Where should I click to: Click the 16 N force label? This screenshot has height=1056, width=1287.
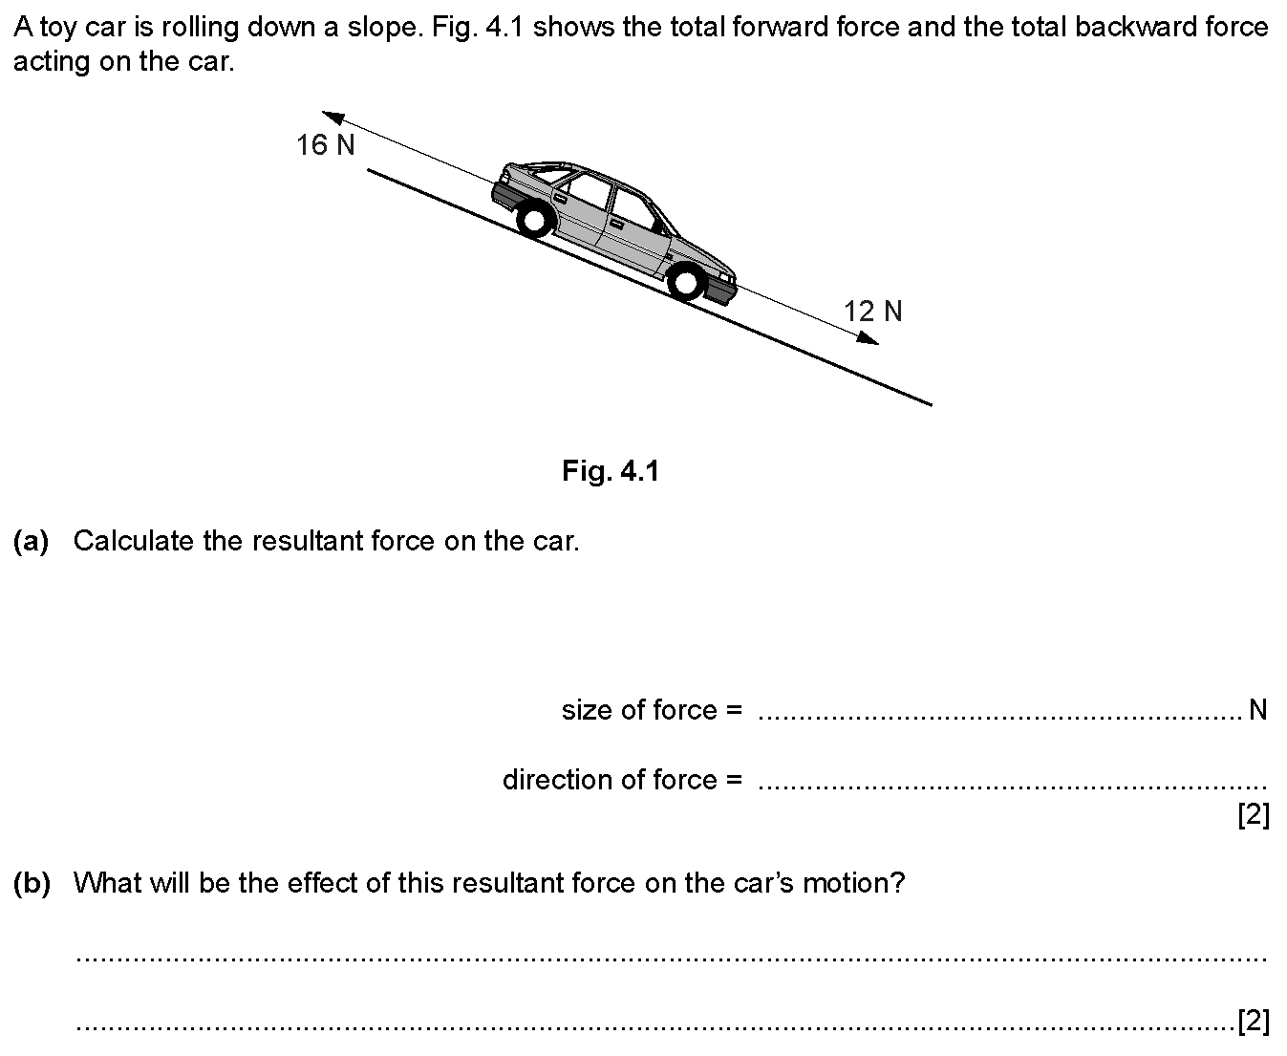(x=325, y=145)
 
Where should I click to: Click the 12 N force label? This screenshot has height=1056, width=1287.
(x=872, y=312)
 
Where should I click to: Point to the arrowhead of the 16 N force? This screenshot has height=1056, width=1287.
(x=332, y=116)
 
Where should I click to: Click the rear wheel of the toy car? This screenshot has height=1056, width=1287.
(x=534, y=220)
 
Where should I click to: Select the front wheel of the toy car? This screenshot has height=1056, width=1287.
(x=684, y=282)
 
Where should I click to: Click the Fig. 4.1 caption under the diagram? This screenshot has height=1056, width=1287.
(x=611, y=471)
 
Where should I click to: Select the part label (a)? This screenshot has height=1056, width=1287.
(x=31, y=541)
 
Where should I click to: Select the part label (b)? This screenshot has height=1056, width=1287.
(x=31, y=883)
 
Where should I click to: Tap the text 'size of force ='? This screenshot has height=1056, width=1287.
(x=652, y=710)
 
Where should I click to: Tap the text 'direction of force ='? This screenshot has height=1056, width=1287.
(x=622, y=780)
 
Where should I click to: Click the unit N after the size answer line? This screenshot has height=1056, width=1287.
(x=1257, y=710)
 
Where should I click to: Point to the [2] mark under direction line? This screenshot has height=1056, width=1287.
(x=1253, y=816)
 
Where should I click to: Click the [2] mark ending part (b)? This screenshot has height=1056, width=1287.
(x=1253, y=1022)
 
